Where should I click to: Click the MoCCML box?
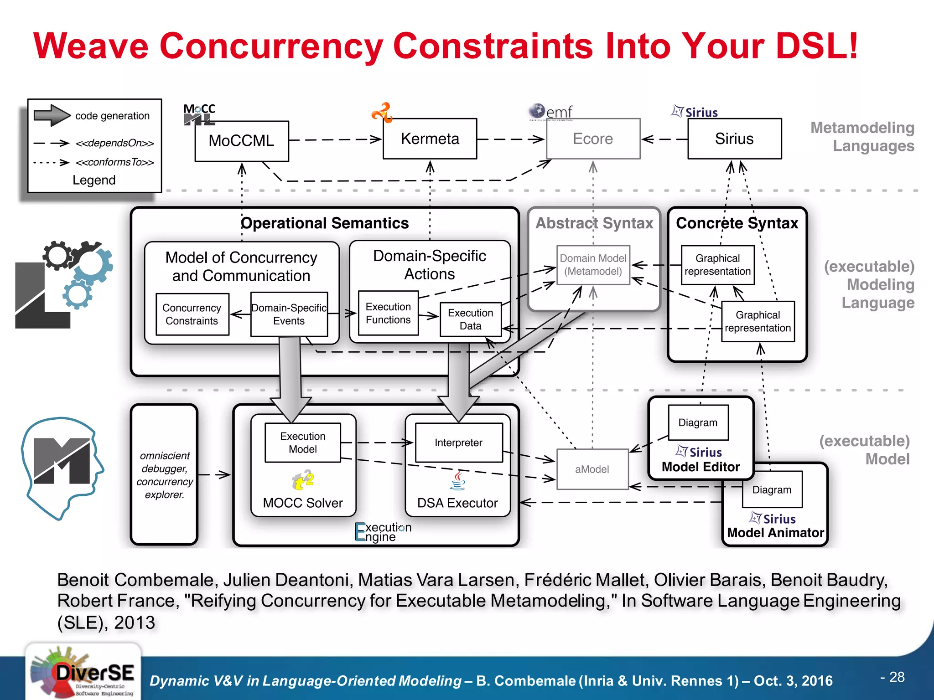pos(242,141)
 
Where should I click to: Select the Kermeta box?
pos(430,139)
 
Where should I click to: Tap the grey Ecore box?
pos(593,139)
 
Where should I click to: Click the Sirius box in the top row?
pos(734,139)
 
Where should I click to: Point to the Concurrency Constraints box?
pos(192,314)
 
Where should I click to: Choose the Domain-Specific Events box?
pos(289,314)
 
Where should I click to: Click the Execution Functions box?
pos(388,313)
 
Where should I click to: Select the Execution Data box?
pos(470,319)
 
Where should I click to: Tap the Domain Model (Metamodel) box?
pos(593,265)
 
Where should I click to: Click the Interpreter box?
pos(458,443)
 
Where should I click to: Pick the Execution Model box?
pos(303,443)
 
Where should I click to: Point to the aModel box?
pos(592,469)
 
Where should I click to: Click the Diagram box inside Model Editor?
pos(698,422)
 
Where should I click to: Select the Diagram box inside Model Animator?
pos(772,490)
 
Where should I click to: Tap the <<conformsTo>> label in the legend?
pos(115,162)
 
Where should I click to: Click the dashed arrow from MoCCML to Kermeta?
pos(335,139)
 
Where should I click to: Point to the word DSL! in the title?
pos(816,46)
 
